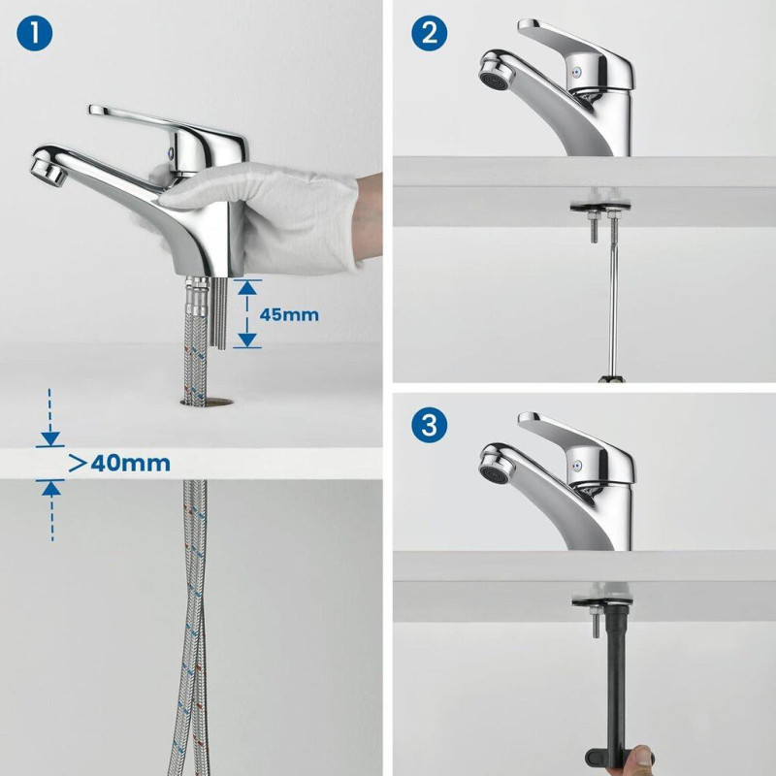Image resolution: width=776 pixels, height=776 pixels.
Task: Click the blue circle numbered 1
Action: click(x=34, y=34)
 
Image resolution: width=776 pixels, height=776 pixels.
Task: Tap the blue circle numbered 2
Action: click(x=429, y=33)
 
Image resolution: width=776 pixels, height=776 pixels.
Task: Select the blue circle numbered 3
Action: click(x=429, y=425)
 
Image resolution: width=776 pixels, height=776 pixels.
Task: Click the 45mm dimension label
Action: click(x=289, y=314)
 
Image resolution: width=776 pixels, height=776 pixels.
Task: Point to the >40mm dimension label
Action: click(x=119, y=464)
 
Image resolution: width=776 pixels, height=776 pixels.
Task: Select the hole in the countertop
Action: click(x=208, y=402)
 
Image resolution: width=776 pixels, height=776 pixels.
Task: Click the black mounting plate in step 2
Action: click(x=601, y=207)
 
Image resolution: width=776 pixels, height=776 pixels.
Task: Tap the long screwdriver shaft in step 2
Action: click(x=614, y=297)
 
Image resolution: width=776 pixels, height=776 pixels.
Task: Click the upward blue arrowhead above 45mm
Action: click(x=247, y=287)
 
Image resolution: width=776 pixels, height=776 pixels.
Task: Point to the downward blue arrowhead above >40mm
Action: click(x=50, y=438)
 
